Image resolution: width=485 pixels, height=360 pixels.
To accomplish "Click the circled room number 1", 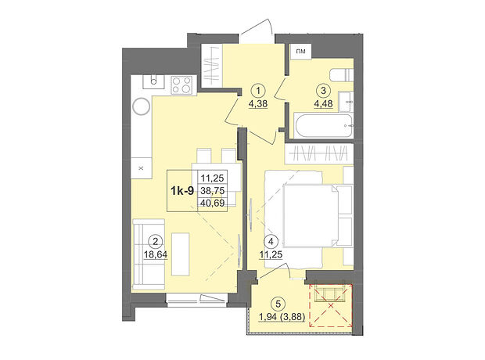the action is tap(258, 91).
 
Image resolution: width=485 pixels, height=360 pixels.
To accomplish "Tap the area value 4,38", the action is tap(258, 104).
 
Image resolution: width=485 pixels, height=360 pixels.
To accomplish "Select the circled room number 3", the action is tap(324, 91).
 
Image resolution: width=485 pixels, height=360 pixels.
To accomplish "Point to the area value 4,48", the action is tap(324, 104).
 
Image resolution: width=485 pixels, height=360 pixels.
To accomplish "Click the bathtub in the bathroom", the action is tap(324, 126).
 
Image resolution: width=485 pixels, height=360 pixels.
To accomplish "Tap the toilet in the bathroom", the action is tap(342, 75).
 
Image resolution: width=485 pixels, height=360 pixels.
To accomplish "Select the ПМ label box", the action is tap(300, 52).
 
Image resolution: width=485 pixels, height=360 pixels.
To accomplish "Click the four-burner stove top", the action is tap(181, 85).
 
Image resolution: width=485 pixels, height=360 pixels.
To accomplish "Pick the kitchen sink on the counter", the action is tap(153, 81).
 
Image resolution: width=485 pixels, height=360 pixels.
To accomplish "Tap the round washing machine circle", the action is tap(142, 106).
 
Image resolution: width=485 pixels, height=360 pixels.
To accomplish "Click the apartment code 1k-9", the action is tap(182, 191).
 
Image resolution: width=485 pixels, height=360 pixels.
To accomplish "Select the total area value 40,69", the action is tap(213, 203).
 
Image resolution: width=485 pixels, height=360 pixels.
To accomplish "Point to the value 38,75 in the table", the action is tap(213, 191).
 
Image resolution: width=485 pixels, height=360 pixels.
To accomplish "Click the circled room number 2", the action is tap(155, 241).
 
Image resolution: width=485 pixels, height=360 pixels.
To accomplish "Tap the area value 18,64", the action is tap(156, 255).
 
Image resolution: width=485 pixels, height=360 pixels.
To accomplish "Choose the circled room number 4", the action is tap(271, 241).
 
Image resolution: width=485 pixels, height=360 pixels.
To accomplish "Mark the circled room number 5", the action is tap(278, 304).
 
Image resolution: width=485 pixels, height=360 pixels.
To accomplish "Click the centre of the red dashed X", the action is tap(331, 306).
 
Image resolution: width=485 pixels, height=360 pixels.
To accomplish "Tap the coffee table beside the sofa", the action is tap(181, 254).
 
